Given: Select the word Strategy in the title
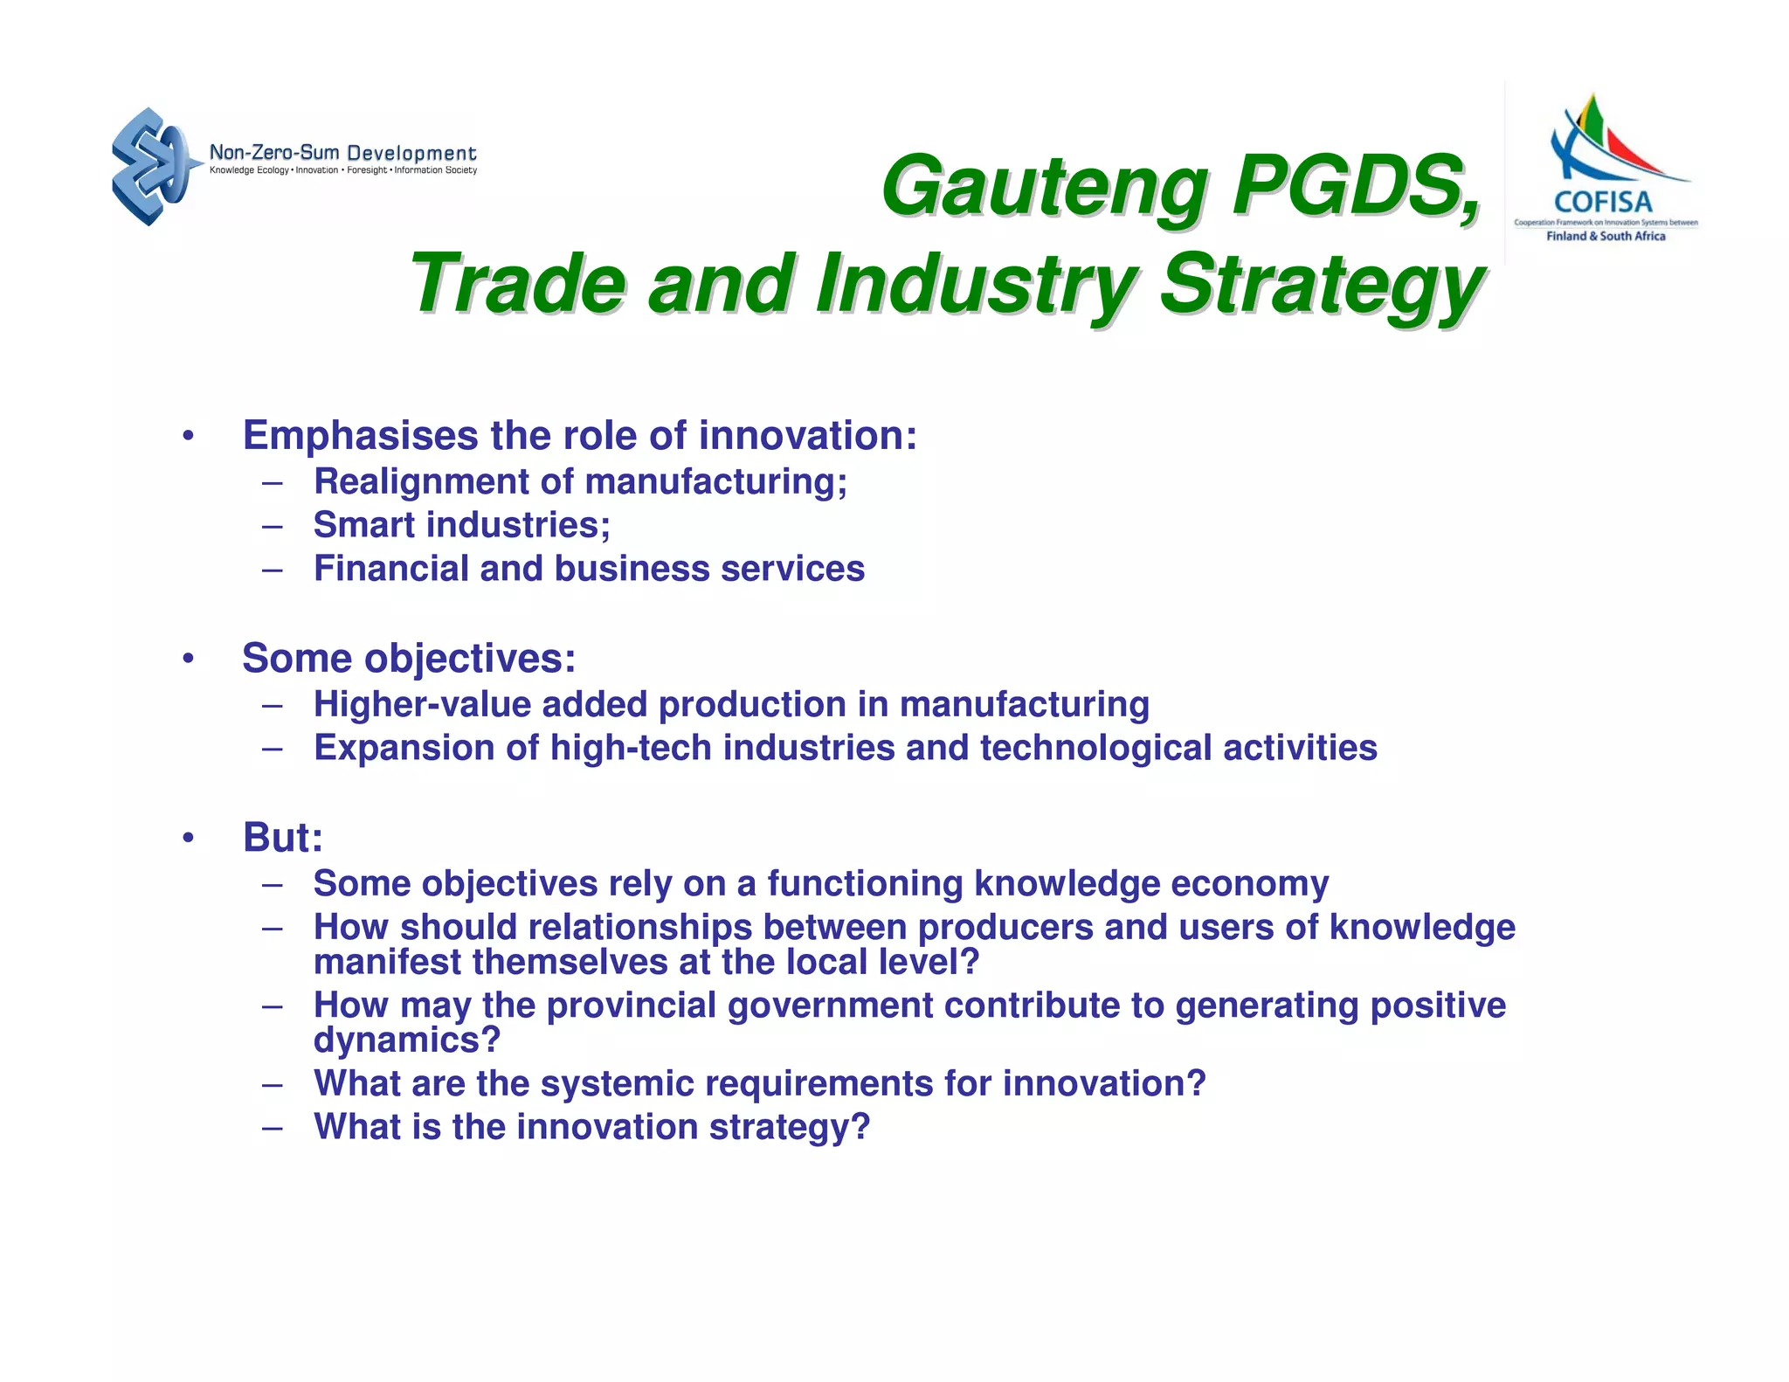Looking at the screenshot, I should pos(1322,284).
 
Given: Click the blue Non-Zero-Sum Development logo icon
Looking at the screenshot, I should pos(151,166).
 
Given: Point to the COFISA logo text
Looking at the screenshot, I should pos(1603,203).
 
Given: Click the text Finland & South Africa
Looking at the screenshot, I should pos(1606,236).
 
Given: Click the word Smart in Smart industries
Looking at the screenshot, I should pos(363,525).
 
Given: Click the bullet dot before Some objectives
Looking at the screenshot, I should pos(188,659).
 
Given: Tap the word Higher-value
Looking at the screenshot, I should pos(422,704).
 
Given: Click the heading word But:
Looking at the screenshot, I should pos(283,838).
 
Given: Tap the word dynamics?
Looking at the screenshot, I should pos(407,1040).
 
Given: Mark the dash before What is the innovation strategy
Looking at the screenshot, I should pos(272,1127).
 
